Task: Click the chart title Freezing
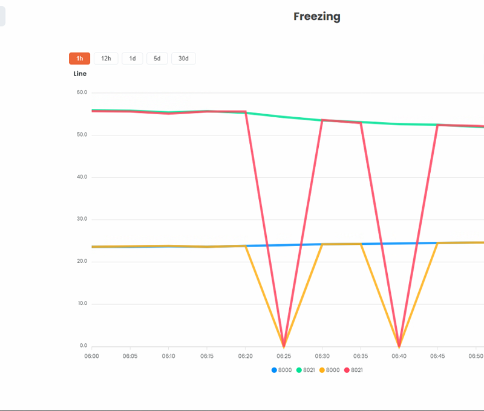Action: [x=316, y=17]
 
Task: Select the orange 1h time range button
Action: [x=79, y=59]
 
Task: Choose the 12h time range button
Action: [x=106, y=59]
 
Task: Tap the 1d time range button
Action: [x=132, y=59]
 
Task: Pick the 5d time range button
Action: [x=157, y=59]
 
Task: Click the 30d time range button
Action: [x=183, y=59]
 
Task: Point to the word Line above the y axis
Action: [x=80, y=74]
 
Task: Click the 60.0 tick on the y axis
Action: [x=82, y=92]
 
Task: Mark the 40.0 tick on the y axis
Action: [x=82, y=177]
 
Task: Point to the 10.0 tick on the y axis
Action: [x=82, y=303]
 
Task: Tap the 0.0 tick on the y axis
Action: [x=83, y=346]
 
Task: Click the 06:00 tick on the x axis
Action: [x=91, y=357]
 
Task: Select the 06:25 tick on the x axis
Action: [x=284, y=357]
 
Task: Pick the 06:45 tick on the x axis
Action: [x=437, y=357]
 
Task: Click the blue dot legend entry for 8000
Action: [x=281, y=370]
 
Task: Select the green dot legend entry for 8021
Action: [x=306, y=370]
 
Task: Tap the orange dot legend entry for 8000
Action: [x=330, y=370]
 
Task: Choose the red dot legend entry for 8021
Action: [x=353, y=370]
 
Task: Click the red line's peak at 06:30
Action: [x=322, y=120]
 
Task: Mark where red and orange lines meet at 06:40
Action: [x=399, y=346]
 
